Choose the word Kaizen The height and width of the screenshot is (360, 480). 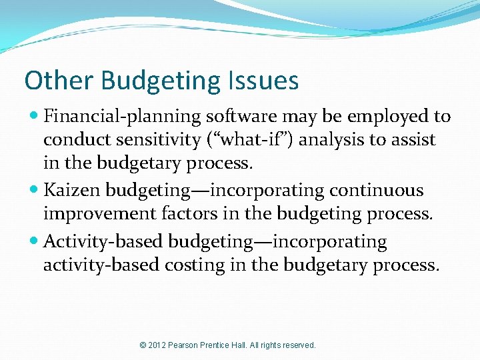[x=71, y=191]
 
